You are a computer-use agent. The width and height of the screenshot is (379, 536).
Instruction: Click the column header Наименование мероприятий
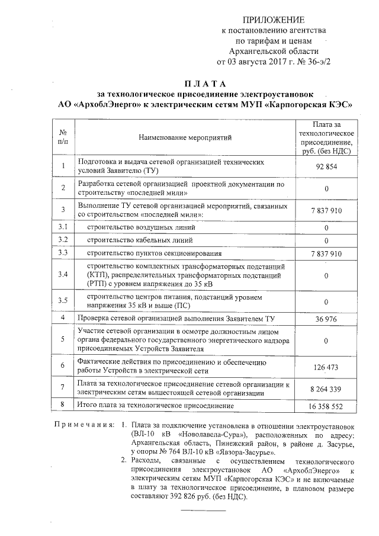[x=185, y=138]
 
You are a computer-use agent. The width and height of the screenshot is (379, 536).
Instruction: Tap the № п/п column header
[x=63, y=137]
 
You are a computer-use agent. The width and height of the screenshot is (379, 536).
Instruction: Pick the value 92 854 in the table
[x=326, y=166]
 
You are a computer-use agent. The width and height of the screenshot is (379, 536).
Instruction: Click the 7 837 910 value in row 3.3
[x=326, y=253]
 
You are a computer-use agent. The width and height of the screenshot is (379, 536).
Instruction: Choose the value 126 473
[x=326, y=367]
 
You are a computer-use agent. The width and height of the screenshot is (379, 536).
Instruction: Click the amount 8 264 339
[x=326, y=389]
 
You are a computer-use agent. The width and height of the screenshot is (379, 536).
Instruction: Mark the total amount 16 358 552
[x=326, y=407]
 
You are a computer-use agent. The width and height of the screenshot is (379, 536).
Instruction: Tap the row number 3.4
[x=63, y=275]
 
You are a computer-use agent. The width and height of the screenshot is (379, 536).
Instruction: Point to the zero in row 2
[x=326, y=188]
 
